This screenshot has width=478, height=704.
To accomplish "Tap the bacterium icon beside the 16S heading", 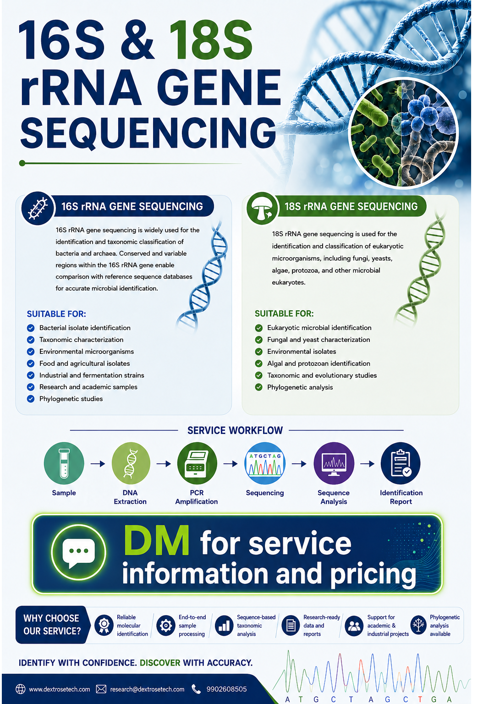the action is (x=38, y=208).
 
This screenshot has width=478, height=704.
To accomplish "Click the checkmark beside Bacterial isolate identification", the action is (x=31, y=328).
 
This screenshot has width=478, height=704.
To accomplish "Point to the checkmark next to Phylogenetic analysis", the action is (x=258, y=387).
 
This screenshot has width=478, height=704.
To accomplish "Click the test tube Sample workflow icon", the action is (x=64, y=463).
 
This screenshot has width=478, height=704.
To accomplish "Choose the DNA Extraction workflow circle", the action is (x=131, y=463).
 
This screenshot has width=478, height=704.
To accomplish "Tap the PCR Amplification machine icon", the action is (x=197, y=463).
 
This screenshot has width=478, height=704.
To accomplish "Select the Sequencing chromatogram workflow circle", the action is (x=265, y=463).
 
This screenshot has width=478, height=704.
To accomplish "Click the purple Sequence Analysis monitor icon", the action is (x=334, y=463).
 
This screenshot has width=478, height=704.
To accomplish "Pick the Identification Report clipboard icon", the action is (x=401, y=463).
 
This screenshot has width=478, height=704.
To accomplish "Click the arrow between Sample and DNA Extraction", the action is (x=98, y=463).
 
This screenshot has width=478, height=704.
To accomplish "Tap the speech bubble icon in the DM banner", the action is (x=78, y=552).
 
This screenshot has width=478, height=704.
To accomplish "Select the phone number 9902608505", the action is (x=226, y=689).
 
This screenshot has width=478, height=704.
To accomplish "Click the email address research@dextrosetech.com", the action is (x=147, y=689).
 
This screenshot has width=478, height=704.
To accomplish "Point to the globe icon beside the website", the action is (x=21, y=689).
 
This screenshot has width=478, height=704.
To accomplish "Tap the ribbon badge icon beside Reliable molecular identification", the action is (x=104, y=625).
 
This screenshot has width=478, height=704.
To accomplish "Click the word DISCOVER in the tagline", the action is (x=160, y=663).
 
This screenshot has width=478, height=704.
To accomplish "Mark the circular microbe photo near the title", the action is (x=403, y=133).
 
